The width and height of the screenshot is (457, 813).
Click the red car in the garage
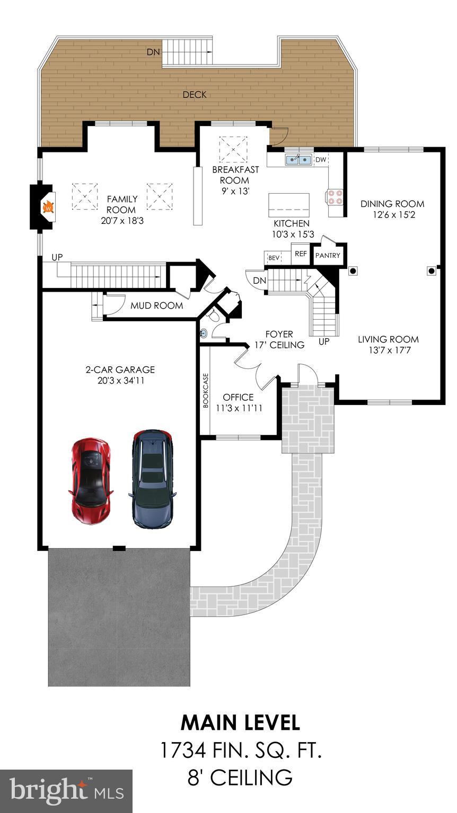click(91, 480)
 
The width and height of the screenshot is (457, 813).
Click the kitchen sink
click(298, 159)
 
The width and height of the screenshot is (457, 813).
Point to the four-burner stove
click(335, 197)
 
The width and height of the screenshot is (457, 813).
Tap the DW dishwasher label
click(321, 159)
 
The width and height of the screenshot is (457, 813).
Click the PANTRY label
click(328, 255)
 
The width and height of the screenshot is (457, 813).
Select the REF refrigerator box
click(301, 254)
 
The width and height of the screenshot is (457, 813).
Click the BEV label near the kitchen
click(274, 258)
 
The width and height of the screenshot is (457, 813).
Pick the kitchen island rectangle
click(289, 202)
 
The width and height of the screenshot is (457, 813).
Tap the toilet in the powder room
click(213, 316)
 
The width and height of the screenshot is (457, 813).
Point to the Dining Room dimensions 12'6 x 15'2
click(392, 214)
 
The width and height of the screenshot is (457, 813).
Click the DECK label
click(195, 95)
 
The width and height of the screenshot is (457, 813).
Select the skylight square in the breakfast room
click(233, 149)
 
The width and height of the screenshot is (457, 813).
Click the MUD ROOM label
click(156, 305)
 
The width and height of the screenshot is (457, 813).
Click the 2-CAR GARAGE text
click(120, 369)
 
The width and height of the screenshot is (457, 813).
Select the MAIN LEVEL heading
click(240, 722)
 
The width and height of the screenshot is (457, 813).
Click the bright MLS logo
click(66, 791)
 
